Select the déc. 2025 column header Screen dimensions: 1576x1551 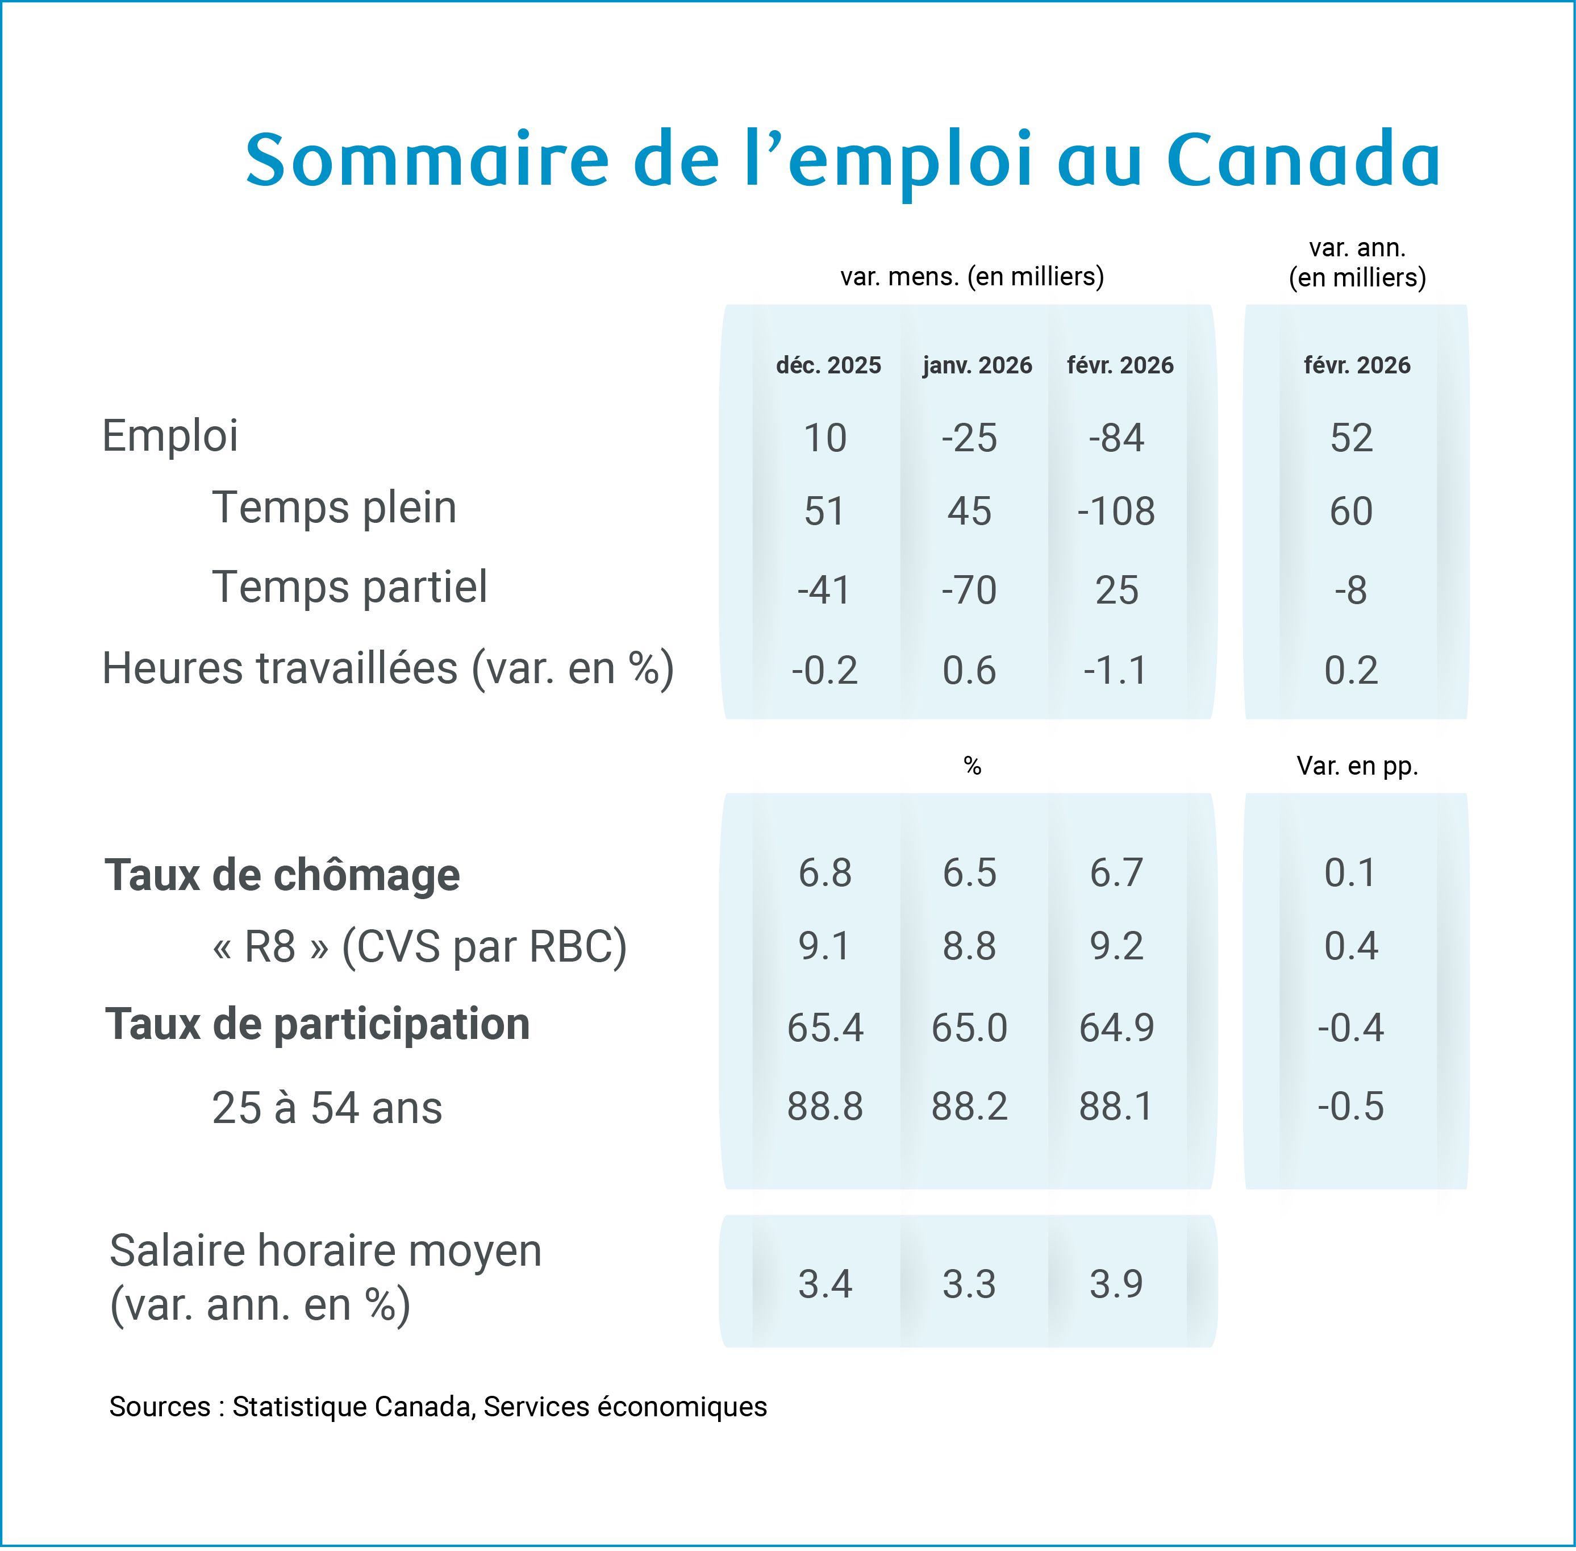coord(828,365)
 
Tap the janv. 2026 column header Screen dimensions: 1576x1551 coord(977,365)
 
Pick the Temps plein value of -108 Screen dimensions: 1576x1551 coord(1116,511)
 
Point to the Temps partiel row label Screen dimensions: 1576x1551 coord(349,587)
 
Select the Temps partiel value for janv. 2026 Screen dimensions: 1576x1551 coord(969,590)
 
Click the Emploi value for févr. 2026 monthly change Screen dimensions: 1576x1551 coord(1116,438)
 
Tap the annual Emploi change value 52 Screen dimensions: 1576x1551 coord(1351,438)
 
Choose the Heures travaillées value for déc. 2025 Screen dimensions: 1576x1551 coord(825,670)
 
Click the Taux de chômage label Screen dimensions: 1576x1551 coord(282,875)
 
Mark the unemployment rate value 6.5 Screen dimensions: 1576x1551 coord(969,872)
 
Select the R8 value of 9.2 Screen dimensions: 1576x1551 coord(1116,946)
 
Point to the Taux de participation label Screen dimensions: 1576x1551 coord(318,1024)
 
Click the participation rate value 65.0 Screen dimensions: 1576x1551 coord(969,1027)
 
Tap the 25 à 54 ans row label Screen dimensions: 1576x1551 coord(327,1108)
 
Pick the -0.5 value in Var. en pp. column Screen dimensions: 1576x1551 coord(1351,1106)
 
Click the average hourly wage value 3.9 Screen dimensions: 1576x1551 coord(1116,1284)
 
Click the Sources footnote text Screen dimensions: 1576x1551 coord(438,1407)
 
